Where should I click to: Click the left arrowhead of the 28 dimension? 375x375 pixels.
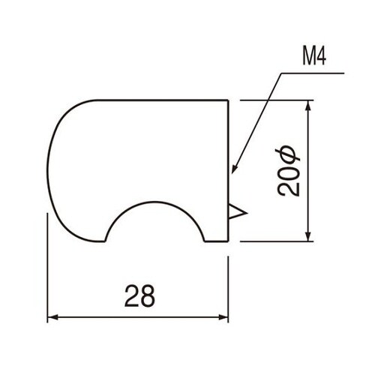54,317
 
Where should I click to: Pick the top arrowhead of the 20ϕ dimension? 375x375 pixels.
307,106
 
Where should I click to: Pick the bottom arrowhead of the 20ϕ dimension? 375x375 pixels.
307,236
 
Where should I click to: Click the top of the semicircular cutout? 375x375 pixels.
156,202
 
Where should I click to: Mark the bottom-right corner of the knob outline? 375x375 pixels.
228,241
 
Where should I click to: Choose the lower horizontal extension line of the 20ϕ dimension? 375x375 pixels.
277,241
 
